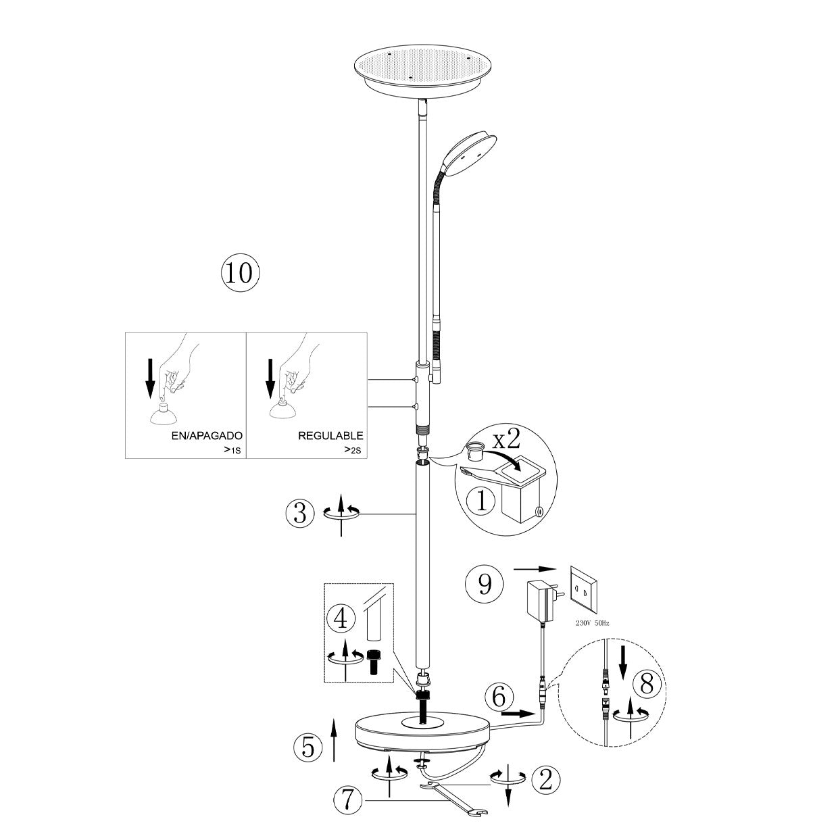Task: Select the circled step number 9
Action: (x=485, y=584)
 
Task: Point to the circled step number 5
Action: (x=308, y=747)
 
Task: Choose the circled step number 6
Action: (x=499, y=697)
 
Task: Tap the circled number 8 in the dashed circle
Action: (x=647, y=685)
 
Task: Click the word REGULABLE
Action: (x=330, y=436)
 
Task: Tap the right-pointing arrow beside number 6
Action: (x=519, y=712)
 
